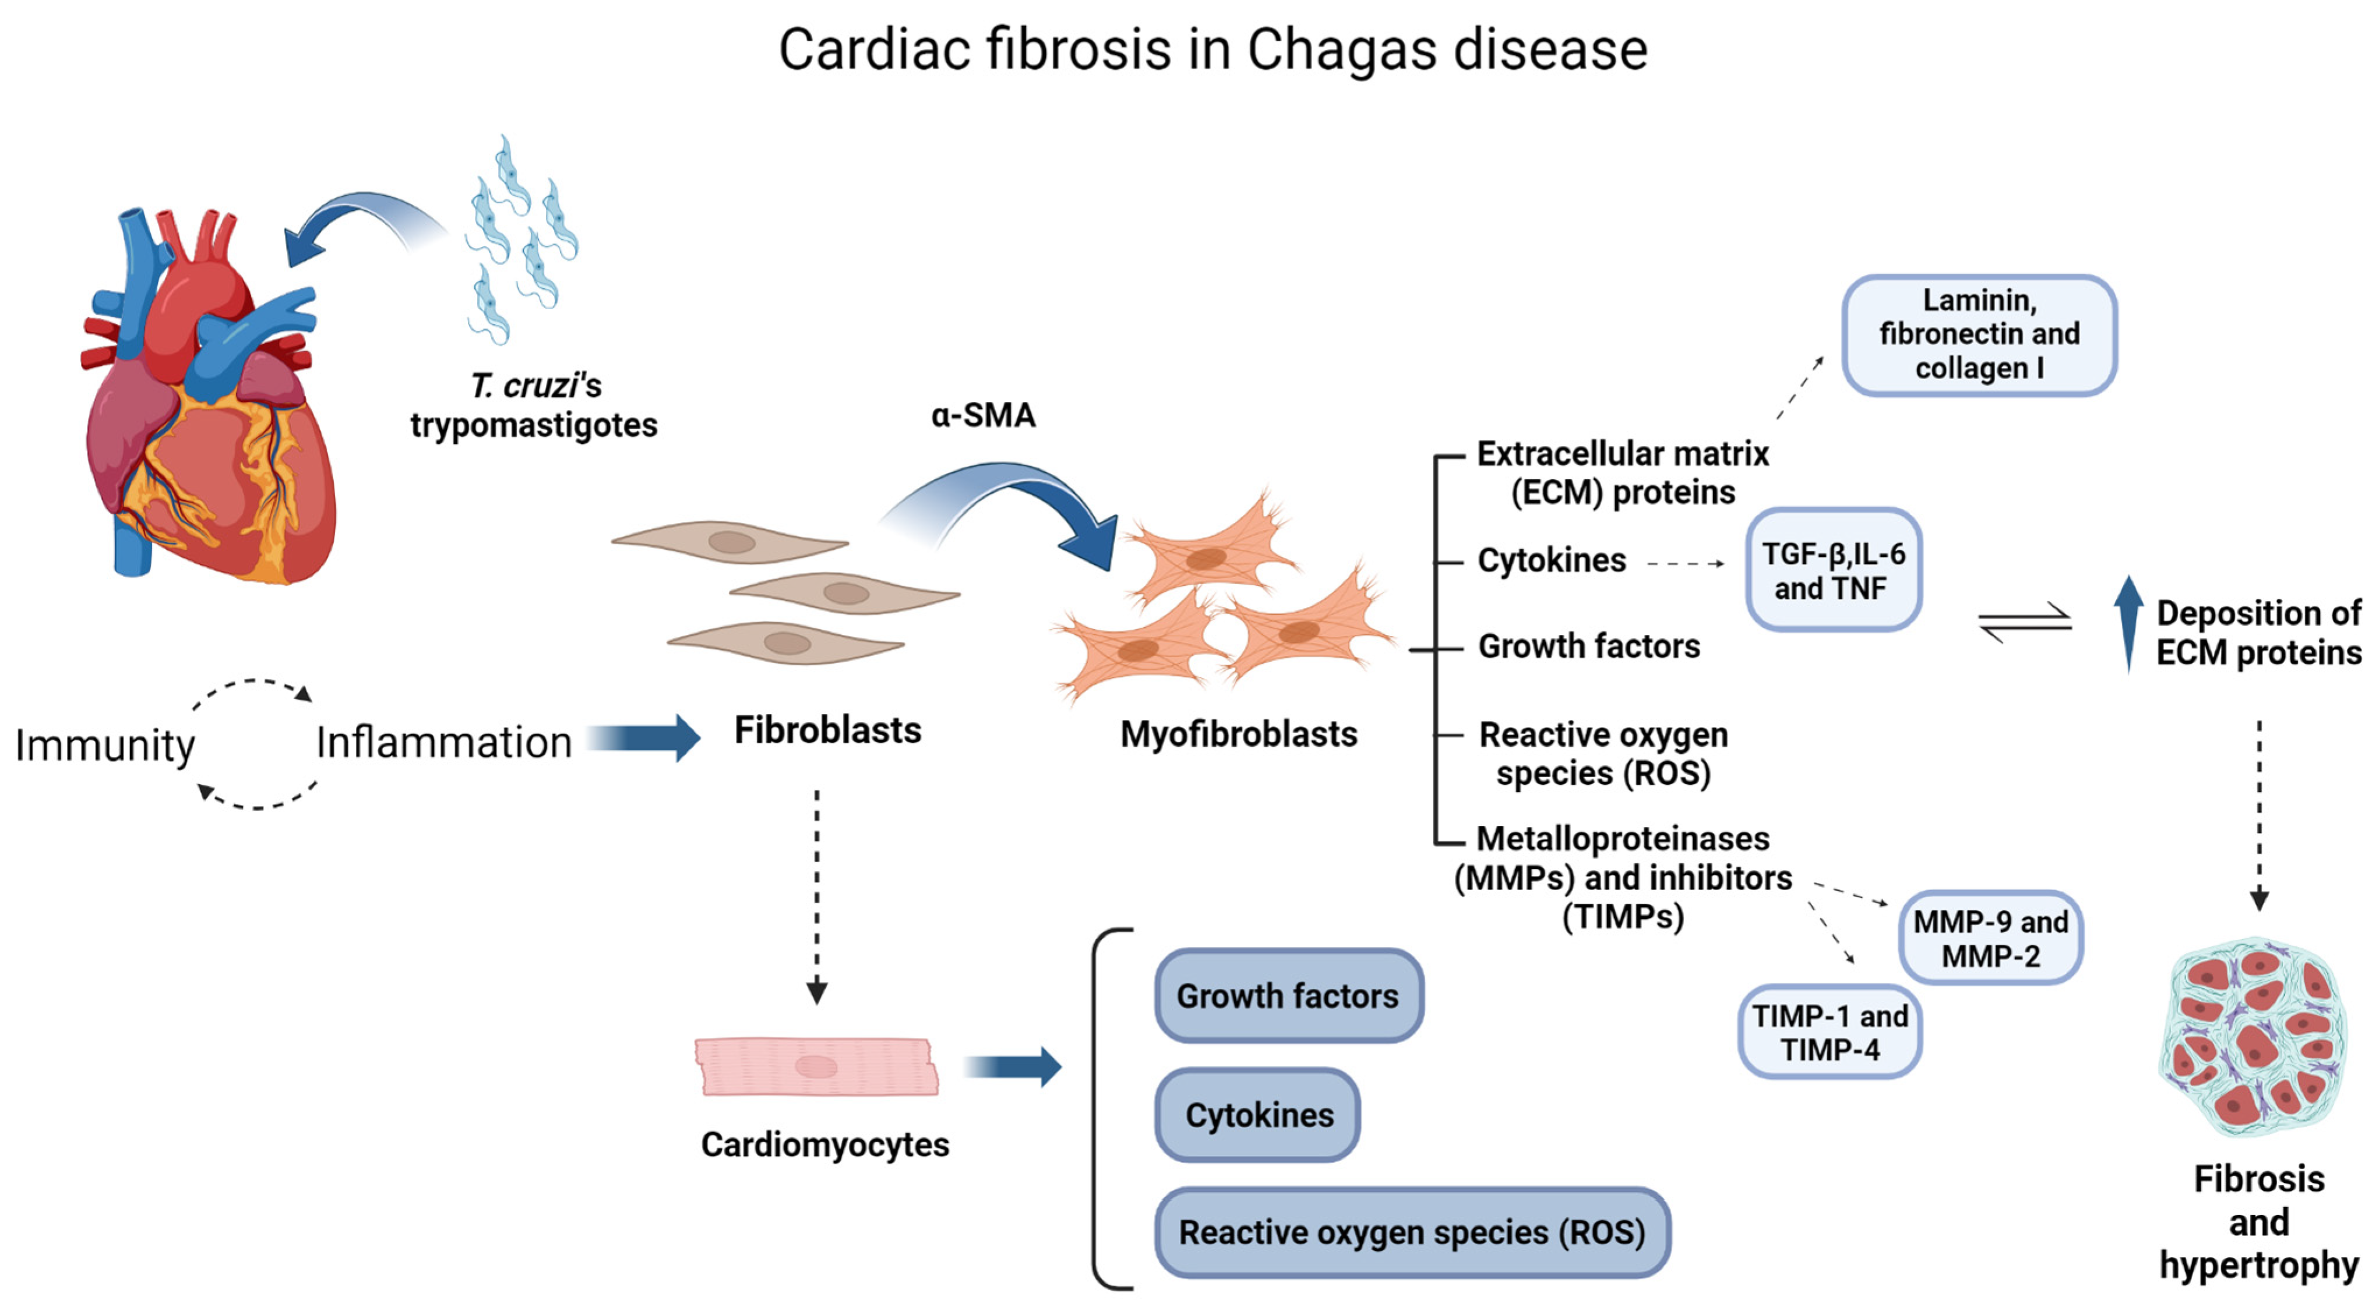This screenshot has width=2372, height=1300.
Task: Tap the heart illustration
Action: click(x=212, y=405)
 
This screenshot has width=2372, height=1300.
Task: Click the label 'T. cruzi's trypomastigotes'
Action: click(x=534, y=406)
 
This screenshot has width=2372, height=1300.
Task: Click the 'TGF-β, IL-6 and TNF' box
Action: click(x=1832, y=570)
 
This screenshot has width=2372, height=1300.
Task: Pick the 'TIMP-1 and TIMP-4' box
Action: click(x=1830, y=1032)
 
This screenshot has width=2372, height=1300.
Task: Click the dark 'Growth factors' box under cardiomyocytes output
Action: click(x=1288, y=996)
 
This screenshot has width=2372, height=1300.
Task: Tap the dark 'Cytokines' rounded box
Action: click(x=1258, y=1115)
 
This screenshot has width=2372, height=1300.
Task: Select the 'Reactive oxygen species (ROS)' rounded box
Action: click(x=1412, y=1232)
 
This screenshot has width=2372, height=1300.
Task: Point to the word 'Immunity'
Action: click(x=105, y=746)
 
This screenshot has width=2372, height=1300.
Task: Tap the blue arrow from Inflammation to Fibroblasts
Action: click(x=644, y=737)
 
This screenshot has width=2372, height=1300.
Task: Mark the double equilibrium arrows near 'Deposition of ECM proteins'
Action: click(x=2025, y=623)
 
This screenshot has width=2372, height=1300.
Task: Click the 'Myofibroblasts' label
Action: click(x=1239, y=734)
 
